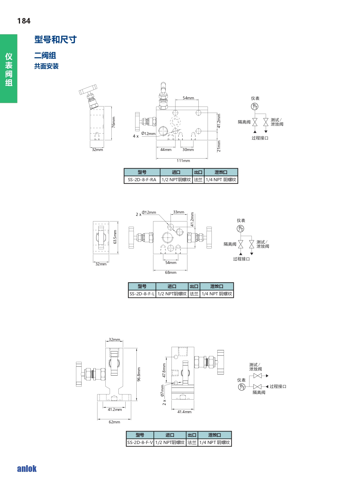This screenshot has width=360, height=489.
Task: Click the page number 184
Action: [24, 21]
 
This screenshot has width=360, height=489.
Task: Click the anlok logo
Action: [27, 469]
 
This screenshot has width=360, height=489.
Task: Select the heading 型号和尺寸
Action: [55, 39]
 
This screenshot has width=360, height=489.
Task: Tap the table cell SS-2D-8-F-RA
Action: [142, 180]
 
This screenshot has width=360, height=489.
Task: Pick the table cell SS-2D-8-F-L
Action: [142, 294]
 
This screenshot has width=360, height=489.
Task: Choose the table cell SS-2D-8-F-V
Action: [140, 443]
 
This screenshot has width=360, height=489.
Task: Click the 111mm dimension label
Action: [183, 161]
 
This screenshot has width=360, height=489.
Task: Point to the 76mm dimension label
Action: [113, 122]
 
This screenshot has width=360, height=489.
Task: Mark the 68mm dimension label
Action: [171, 272]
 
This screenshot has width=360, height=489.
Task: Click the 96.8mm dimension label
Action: [139, 374]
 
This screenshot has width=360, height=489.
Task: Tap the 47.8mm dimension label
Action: [164, 370]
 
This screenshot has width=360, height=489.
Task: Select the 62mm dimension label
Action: [114, 422]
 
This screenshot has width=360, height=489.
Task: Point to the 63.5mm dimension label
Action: [115, 237]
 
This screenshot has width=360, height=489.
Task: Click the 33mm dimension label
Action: [179, 212]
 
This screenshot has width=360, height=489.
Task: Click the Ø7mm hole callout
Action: [162, 391]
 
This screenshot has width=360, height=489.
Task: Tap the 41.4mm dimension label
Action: [184, 412]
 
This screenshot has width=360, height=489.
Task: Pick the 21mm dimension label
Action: [219, 146]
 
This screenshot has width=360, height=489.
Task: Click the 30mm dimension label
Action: [188, 150]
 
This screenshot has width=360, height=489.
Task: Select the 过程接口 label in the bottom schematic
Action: [278, 386]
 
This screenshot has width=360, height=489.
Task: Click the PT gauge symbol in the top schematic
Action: [254, 107]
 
